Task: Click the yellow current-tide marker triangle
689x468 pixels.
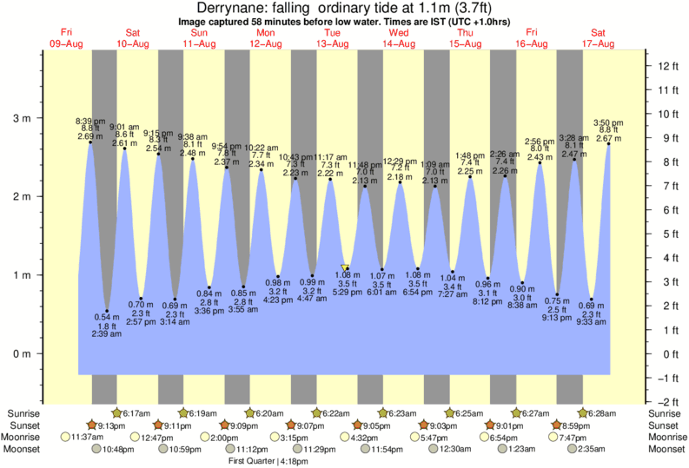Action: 346,268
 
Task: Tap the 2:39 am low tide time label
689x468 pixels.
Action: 107,334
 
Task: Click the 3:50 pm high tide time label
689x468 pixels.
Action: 608,122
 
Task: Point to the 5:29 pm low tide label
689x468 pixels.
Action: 348,293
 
